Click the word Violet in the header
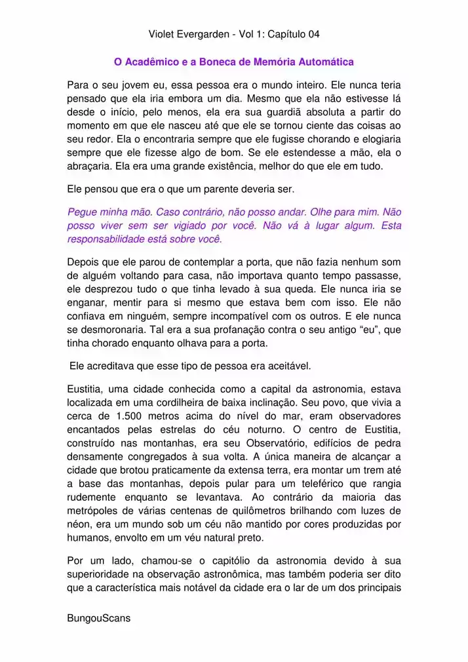point(162,33)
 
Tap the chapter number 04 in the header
point(311,33)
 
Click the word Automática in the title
point(326,62)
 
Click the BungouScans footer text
point(99,618)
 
